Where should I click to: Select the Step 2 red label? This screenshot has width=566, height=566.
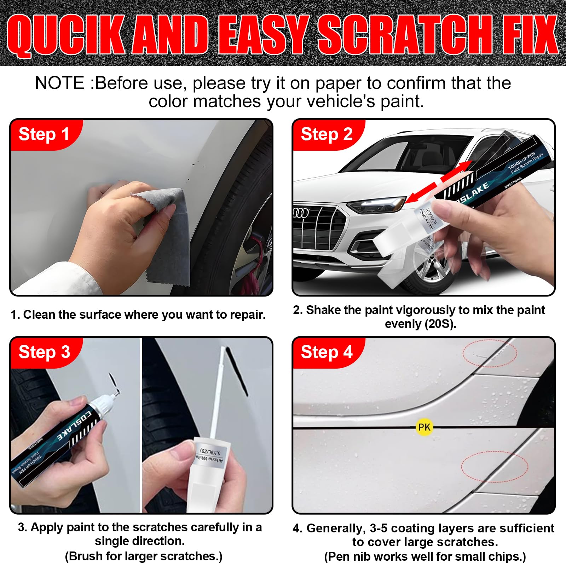click(326, 134)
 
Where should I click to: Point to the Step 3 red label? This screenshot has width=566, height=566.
click(44, 352)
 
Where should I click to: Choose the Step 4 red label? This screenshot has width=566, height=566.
click(326, 352)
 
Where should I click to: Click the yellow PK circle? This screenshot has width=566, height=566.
click(424, 427)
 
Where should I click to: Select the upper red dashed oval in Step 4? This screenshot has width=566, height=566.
click(490, 353)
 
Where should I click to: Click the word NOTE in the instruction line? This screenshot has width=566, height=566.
click(59, 83)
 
